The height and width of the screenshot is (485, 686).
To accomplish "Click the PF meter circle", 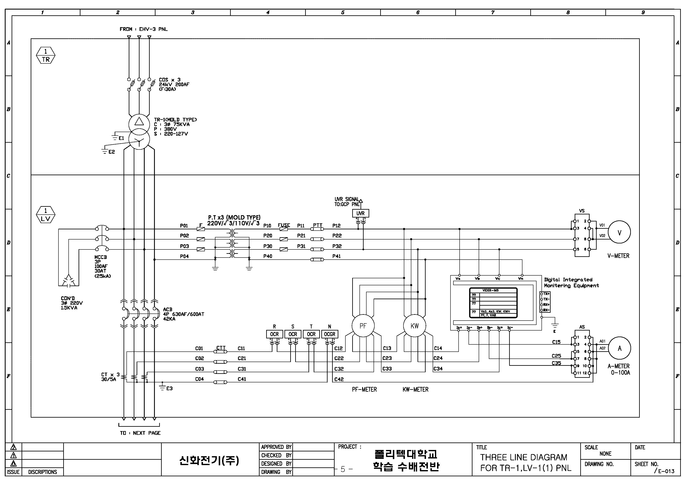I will (x=363, y=326).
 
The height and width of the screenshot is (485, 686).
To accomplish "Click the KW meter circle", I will (x=414, y=326).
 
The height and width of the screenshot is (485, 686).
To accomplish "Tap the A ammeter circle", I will (x=619, y=348).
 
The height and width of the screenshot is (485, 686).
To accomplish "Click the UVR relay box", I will (x=360, y=213).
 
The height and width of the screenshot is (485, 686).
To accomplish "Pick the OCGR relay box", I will (x=330, y=334).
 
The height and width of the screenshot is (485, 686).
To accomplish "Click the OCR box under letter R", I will (x=274, y=334).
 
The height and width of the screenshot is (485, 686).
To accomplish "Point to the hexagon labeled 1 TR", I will (x=46, y=56).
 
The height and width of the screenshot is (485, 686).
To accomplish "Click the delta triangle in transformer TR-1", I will (x=139, y=121).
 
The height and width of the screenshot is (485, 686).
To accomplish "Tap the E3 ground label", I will (x=169, y=389).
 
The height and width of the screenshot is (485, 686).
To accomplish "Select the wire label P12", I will (x=336, y=226).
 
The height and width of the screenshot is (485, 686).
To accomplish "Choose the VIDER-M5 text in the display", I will (x=490, y=290).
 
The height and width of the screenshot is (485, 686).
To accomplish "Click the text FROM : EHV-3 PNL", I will (x=144, y=29).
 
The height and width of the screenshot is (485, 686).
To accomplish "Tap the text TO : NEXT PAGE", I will (x=140, y=433).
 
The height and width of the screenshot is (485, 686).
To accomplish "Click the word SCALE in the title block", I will (x=591, y=447).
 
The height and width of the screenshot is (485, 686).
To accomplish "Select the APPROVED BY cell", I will (x=276, y=447).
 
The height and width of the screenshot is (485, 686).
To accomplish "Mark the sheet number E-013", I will (x=666, y=471).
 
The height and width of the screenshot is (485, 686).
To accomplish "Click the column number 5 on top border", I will (x=343, y=12).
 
